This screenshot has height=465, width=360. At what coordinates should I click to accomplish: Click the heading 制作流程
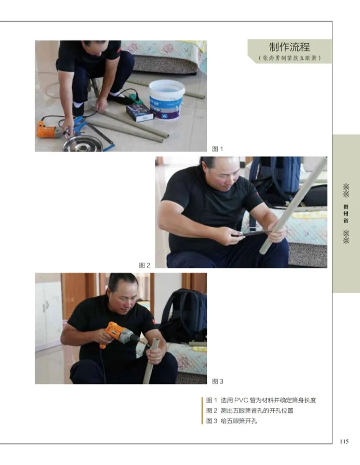(289, 47)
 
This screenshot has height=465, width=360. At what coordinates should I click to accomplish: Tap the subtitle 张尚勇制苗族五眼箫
(290, 58)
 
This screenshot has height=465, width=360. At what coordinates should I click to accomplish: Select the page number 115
(344, 441)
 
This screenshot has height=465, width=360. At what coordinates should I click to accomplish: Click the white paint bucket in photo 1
(167, 100)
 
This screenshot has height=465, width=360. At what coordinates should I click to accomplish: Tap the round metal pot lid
(83, 143)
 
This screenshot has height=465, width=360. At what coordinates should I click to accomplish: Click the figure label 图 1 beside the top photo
(217, 149)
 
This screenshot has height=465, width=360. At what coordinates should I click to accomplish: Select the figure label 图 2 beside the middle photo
(144, 265)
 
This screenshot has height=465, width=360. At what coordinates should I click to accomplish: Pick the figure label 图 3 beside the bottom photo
(218, 381)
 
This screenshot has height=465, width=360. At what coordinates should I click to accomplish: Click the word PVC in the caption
(241, 400)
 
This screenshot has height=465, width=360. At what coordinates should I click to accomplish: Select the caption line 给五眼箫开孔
(239, 421)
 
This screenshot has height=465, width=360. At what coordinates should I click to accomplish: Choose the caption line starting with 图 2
(250, 411)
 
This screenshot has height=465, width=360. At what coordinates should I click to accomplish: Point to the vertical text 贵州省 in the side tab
(346, 214)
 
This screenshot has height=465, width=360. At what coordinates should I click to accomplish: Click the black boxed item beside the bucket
(139, 113)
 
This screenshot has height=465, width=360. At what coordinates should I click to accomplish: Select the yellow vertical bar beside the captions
(202, 411)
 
